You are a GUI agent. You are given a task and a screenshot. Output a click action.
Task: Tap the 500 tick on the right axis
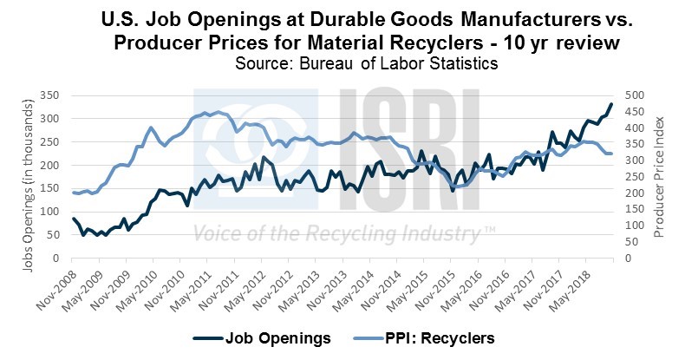pos(636,95)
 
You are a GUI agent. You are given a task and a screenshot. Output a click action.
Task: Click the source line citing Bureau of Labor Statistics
pos(342,63)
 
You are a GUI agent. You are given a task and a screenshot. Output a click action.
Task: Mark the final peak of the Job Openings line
pos(611,104)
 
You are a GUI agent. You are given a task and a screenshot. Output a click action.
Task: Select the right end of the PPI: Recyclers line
pos(611,154)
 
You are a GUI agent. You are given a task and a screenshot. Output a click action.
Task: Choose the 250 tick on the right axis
pos(636,176)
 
